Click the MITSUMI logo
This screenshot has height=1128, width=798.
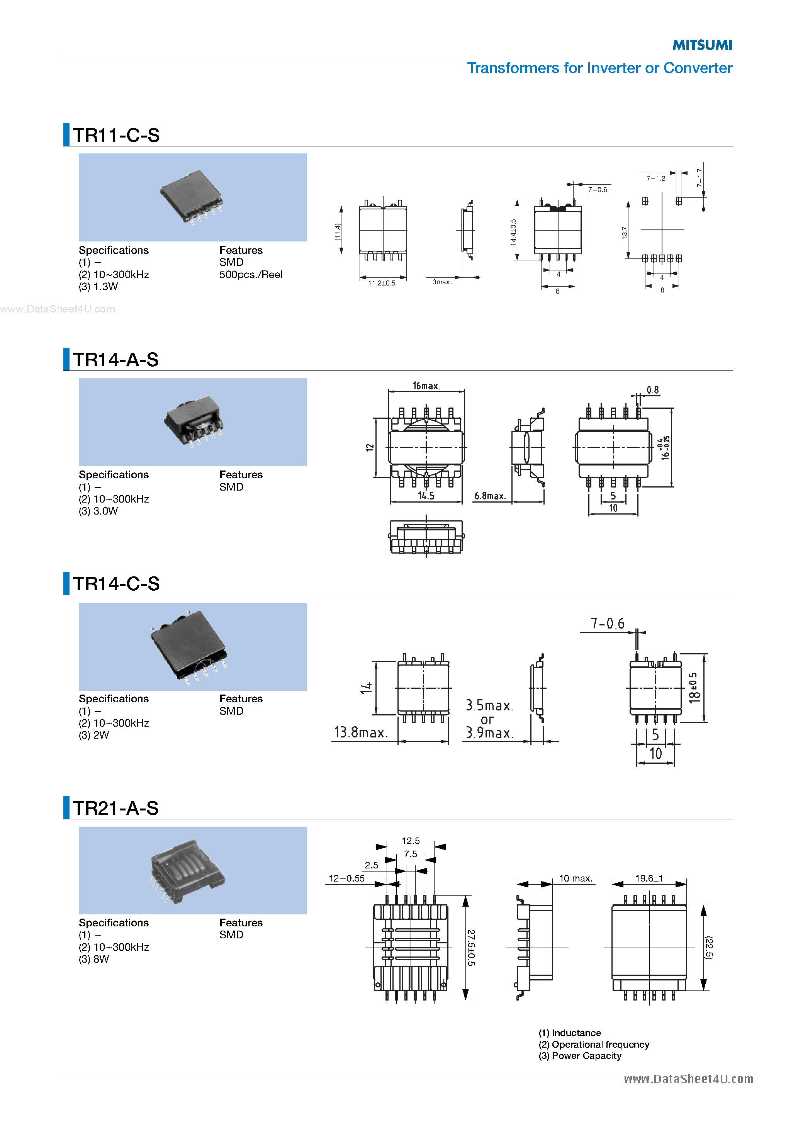[702, 45]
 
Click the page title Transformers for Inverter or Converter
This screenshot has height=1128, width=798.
[599, 68]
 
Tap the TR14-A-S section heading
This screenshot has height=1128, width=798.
[116, 360]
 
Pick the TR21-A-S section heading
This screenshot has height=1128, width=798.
[116, 808]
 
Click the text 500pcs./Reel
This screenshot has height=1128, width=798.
[251, 275]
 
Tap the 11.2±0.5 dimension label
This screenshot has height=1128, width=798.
[381, 283]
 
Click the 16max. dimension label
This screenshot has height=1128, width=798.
[426, 386]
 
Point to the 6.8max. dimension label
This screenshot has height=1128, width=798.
[489, 496]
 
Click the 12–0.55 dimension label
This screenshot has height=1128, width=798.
[346, 878]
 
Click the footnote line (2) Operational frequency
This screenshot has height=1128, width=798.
[594, 1045]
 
